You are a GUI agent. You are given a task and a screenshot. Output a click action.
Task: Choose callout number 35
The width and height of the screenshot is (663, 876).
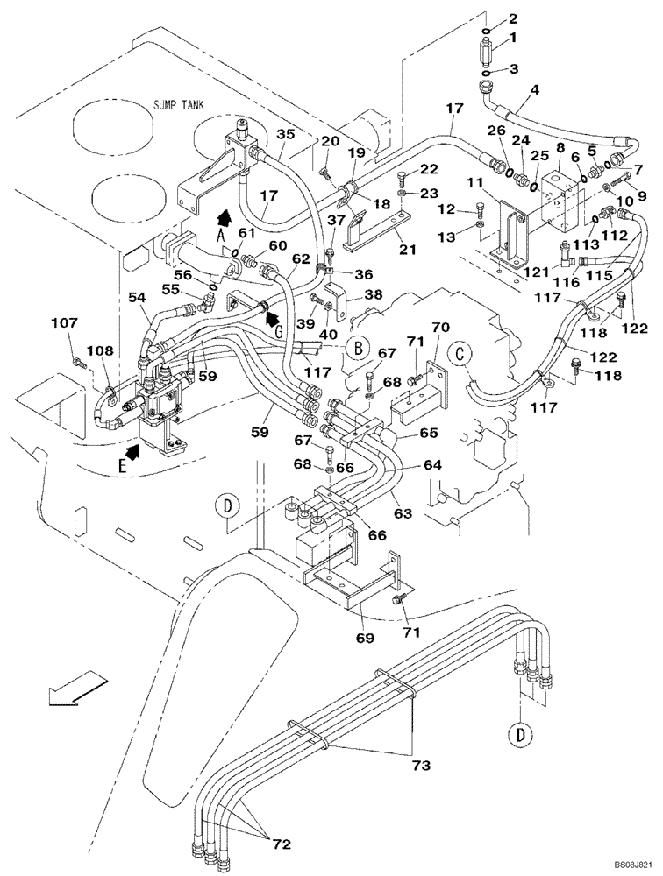click(286, 135)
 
